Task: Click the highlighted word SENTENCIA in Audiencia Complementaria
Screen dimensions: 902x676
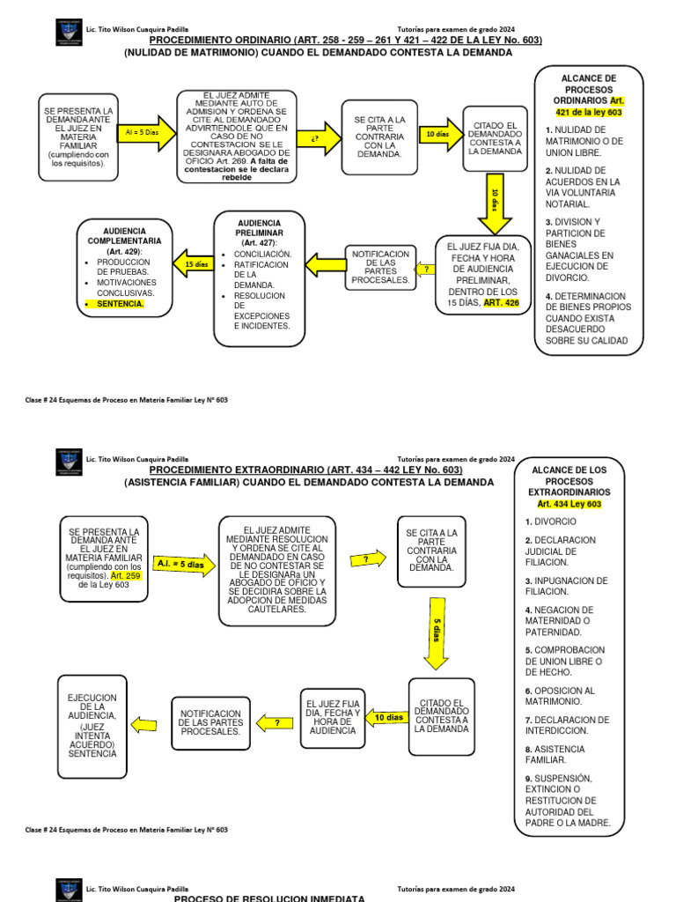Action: pos(121,304)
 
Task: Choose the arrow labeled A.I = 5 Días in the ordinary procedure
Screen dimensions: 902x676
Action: pos(142,131)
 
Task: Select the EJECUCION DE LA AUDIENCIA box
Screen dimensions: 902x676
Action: pos(92,725)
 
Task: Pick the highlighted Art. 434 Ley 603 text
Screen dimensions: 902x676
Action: pos(569,504)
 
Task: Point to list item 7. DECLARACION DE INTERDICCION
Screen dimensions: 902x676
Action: pos(567,725)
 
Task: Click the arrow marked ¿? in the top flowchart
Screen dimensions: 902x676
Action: pos(313,139)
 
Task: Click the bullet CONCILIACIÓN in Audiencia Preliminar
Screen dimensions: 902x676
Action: pos(262,255)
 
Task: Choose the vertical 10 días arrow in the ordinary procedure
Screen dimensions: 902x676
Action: pos(494,203)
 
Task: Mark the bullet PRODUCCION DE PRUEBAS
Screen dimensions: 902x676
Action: pos(124,268)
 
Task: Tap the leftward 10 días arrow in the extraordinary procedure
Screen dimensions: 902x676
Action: pos(386,718)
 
